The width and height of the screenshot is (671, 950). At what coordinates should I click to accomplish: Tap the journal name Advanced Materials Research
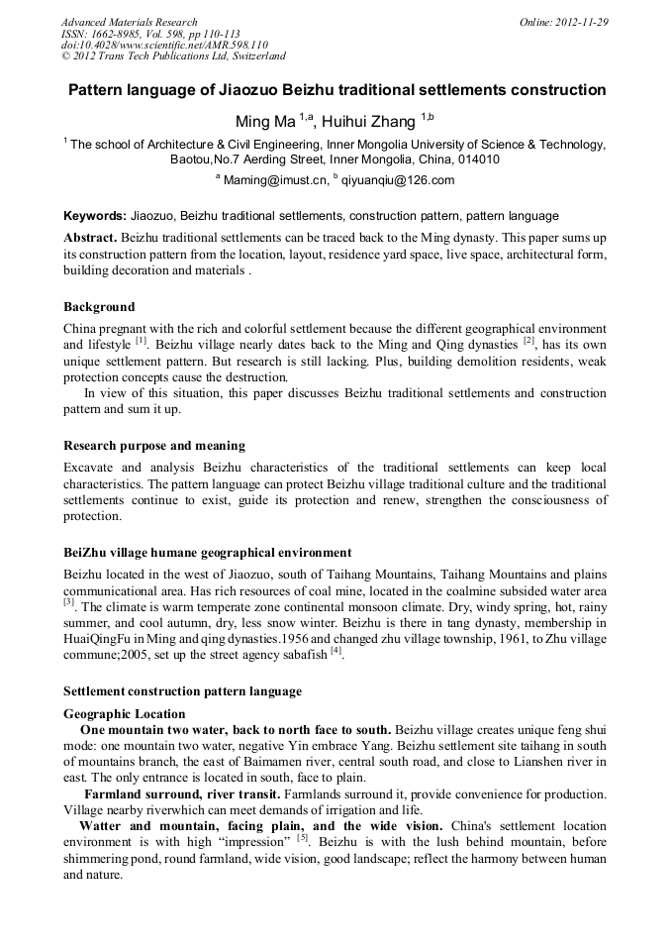click(129, 22)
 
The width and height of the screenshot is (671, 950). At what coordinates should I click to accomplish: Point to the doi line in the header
click(164, 45)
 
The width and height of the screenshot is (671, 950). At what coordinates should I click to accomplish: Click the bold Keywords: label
click(95, 216)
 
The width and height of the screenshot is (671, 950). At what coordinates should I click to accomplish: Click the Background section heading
click(99, 307)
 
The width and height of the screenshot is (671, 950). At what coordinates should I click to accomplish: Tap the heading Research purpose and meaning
click(154, 446)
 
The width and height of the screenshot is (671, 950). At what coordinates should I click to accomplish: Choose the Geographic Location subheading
click(124, 713)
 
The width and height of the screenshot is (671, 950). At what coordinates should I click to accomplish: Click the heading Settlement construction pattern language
click(182, 690)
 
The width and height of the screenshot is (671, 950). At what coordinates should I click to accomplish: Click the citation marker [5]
click(303, 837)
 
